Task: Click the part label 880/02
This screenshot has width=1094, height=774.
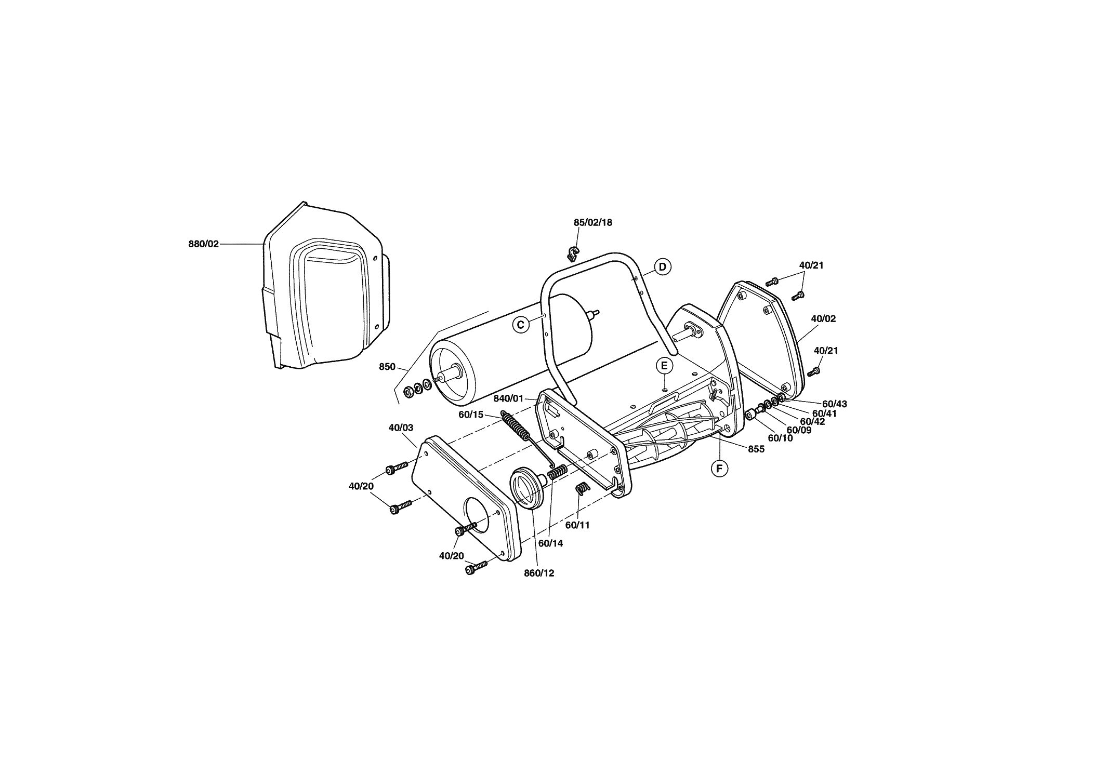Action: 204,244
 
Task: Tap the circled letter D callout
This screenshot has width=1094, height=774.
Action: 663,267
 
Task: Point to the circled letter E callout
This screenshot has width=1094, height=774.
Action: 664,365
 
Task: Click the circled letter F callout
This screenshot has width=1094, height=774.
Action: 719,469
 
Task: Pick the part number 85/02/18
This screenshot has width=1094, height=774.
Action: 593,222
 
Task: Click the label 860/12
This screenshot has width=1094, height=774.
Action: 539,573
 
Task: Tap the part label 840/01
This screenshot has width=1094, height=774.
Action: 509,398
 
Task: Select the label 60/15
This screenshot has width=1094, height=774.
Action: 471,415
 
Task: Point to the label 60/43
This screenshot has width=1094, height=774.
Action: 835,404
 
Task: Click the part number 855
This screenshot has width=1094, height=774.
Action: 756,449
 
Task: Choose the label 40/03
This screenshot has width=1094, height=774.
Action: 401,428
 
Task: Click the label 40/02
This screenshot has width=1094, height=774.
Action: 823,318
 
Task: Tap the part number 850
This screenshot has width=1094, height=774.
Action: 387,367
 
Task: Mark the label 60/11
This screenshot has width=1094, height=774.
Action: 578,525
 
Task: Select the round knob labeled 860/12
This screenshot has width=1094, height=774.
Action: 528,489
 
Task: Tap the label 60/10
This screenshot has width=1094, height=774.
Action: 781,438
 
